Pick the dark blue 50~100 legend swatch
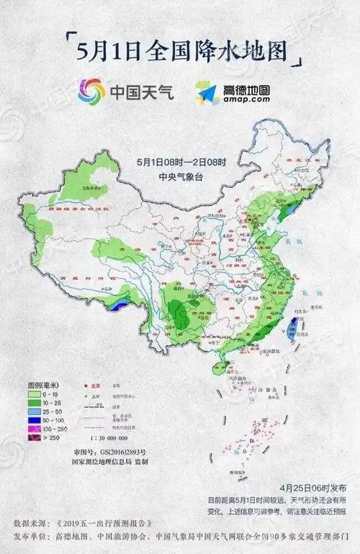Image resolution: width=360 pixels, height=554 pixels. click(35, 419)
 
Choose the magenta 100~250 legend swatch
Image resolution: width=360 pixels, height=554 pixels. click(35, 427)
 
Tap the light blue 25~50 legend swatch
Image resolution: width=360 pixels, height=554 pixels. click(35, 411)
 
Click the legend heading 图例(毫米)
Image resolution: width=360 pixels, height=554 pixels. click(43, 385)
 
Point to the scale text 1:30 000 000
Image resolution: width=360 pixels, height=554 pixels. click(109, 437)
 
